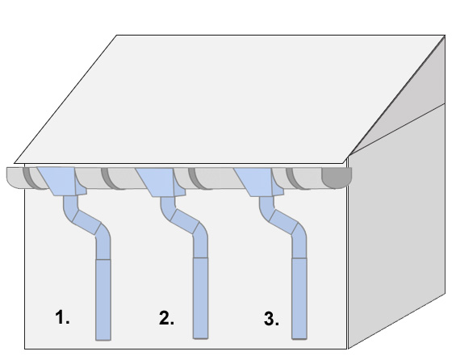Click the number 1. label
(62, 317)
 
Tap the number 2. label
(166, 318)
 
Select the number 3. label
(271, 318)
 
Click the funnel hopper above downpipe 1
(62, 181)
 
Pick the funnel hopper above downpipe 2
(161, 182)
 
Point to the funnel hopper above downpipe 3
(259, 182)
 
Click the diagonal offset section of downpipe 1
(86, 222)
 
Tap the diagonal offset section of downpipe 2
(185, 222)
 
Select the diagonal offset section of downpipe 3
(283, 222)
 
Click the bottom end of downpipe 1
(103, 340)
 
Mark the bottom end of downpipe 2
(201, 338)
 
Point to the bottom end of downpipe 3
(299, 338)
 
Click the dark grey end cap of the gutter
(337, 178)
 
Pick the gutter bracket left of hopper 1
(31, 178)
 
